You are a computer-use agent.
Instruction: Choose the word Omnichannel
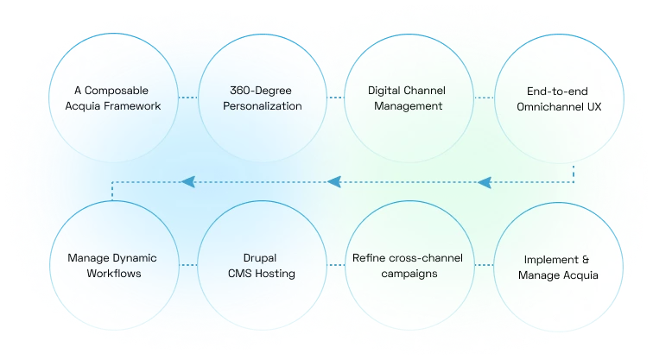pos(548,106)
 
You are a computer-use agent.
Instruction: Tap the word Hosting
pos(273,274)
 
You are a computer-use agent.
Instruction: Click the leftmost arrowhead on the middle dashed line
pos(186,182)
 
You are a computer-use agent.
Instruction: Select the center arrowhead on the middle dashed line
pos(335,182)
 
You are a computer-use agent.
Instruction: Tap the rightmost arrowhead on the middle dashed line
pos(485,182)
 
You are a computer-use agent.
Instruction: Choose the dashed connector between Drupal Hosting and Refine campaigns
pos(332,265)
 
